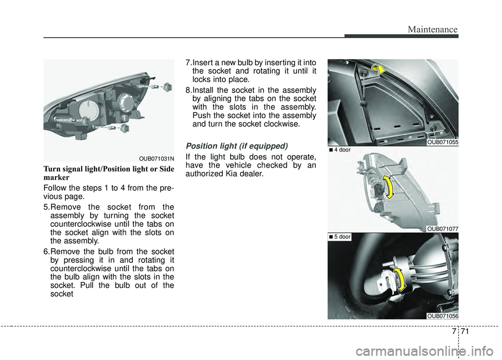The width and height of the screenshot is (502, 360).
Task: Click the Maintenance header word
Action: pyautogui.click(x=432, y=29)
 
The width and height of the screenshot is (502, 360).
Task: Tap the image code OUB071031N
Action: pyautogui.click(x=156, y=158)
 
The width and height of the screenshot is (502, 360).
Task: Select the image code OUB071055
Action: pyautogui.click(x=442, y=143)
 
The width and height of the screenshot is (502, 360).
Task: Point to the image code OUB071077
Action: pyautogui.click(x=442, y=229)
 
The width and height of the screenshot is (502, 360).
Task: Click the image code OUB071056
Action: pyautogui.click(x=442, y=316)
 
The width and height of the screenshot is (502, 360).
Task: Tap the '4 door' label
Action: pyautogui.click(x=340, y=150)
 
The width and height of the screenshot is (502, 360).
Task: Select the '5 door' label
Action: pyautogui.click(x=340, y=237)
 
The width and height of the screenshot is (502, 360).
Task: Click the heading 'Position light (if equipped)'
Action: pyautogui.click(x=236, y=146)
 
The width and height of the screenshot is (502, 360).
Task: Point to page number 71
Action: pyautogui.click(x=465, y=331)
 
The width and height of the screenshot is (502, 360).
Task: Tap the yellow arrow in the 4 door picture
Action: pyautogui.click(x=389, y=187)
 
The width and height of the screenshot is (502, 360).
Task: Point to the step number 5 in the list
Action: pyautogui.click(x=47, y=207)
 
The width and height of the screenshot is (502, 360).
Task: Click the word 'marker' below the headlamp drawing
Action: pyautogui.click(x=56, y=177)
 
